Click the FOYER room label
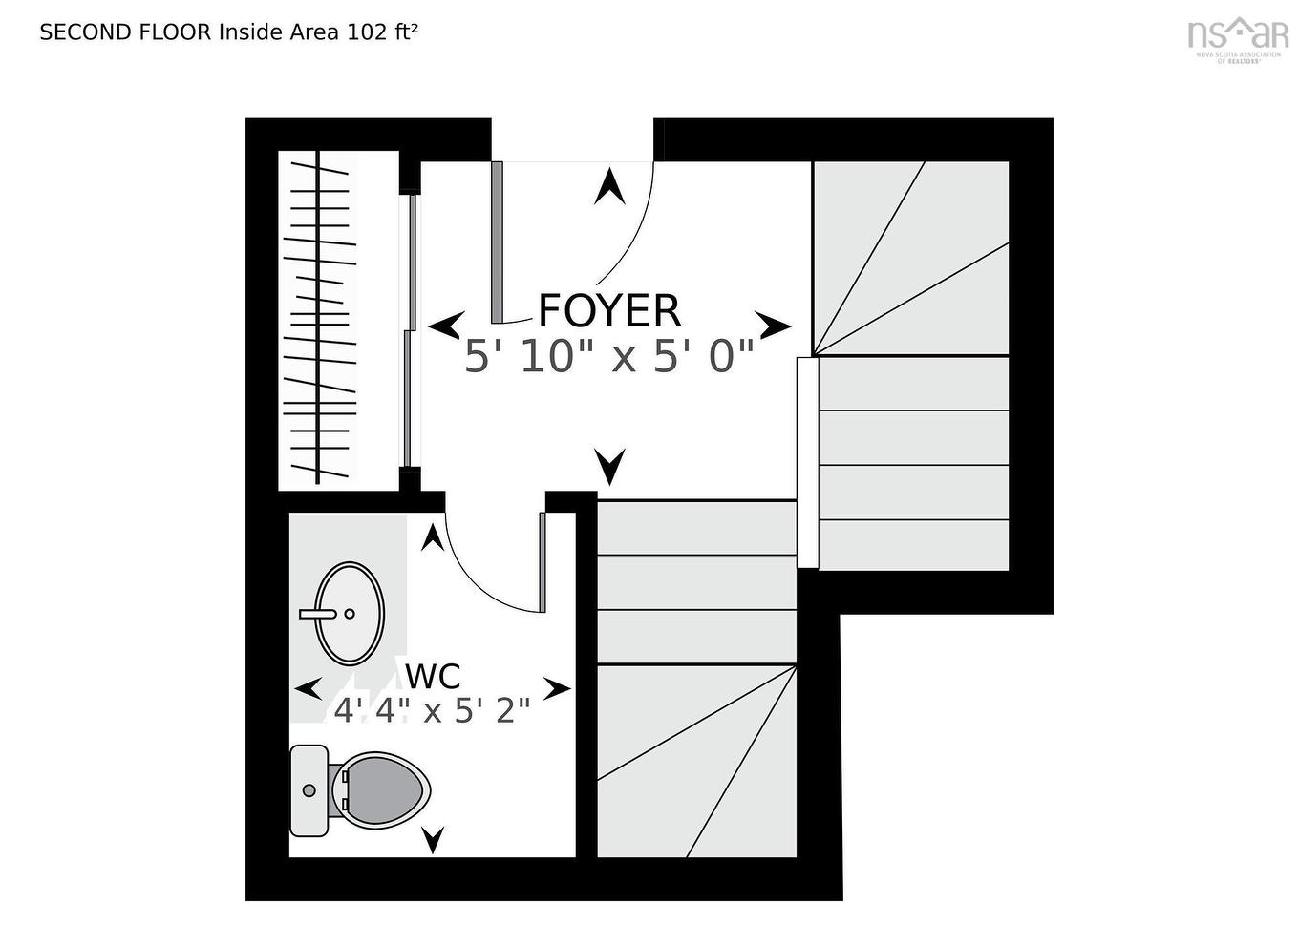609,310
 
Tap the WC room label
433,676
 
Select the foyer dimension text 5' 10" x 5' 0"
609,357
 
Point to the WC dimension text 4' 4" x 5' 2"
432,711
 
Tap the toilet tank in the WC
309,790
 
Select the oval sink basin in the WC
350,613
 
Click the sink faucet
319,614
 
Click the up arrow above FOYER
609,186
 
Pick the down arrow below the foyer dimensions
609,466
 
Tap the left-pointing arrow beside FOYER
446,326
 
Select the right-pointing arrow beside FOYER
773,326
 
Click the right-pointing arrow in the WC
557,688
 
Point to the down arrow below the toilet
433,839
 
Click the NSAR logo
1238,36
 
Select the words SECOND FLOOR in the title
125,32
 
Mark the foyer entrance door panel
497,242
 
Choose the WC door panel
542,561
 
